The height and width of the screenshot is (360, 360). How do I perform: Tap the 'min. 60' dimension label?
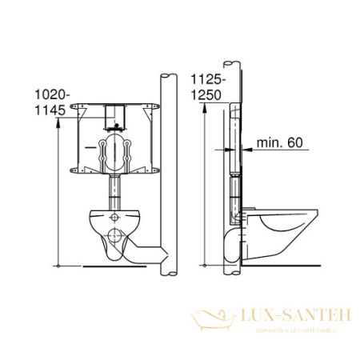tap(280, 143)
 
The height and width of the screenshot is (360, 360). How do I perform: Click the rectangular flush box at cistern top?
tap(114, 112)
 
